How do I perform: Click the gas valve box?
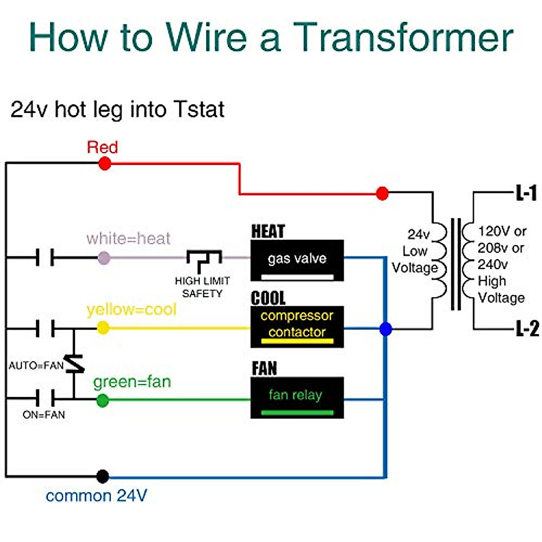(297, 260)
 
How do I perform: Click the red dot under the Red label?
(105, 164)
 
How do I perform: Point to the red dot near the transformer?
(382, 194)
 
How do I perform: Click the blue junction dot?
(386, 329)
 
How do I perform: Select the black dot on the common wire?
(103, 476)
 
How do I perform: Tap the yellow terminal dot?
(103, 328)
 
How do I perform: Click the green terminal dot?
(103, 400)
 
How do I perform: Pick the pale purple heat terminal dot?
(104, 258)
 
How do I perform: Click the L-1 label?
(526, 193)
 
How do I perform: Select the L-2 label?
(527, 328)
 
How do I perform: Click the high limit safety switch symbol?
(204, 257)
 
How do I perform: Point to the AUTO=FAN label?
(36, 365)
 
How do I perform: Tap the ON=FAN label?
(44, 415)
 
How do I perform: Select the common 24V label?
(97, 496)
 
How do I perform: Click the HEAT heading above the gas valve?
(268, 231)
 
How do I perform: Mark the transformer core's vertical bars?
(456, 264)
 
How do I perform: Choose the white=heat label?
(129, 238)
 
